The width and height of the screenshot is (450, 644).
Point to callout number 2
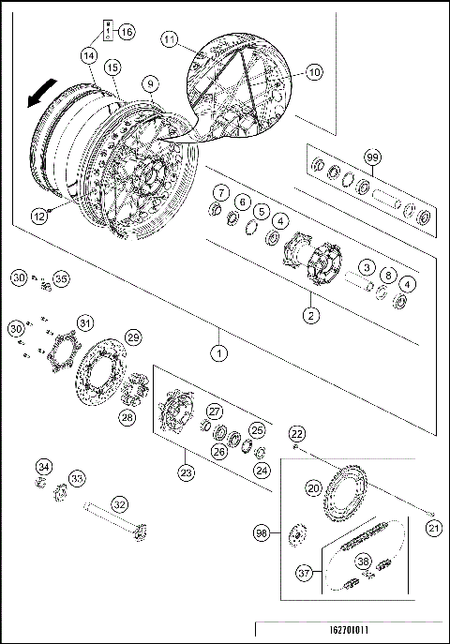(x=311, y=315)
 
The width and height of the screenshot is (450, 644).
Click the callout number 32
(x=118, y=503)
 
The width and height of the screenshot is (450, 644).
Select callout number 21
(x=432, y=529)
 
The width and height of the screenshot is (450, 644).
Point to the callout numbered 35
(x=61, y=278)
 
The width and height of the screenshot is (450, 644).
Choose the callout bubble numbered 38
(x=365, y=562)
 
